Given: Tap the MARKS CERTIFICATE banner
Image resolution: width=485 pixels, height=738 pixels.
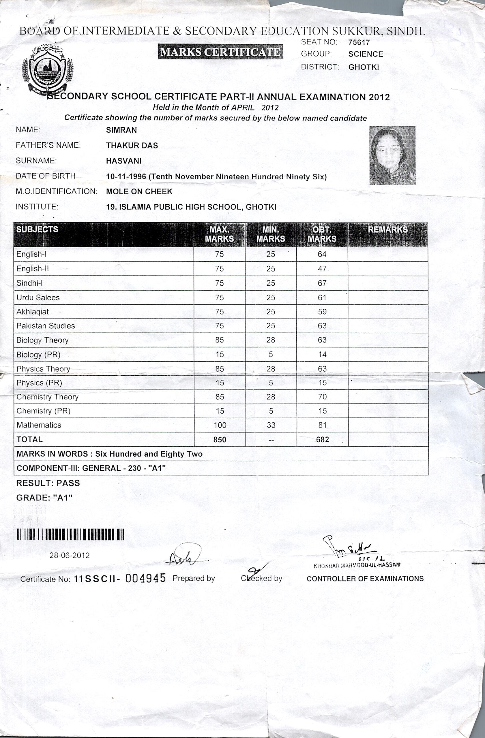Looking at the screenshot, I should click(x=220, y=52).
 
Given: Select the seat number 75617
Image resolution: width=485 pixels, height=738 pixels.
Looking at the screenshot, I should click(x=359, y=42).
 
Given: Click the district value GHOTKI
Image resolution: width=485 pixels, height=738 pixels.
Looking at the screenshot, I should click(x=363, y=67).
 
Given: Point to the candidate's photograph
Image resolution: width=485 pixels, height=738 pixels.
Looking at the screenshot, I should click(x=392, y=155).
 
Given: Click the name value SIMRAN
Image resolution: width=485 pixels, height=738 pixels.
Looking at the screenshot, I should click(x=121, y=130).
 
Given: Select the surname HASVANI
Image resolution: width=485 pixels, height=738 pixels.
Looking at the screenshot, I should click(x=123, y=161).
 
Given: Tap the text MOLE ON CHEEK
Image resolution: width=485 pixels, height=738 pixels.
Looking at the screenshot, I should click(x=139, y=192).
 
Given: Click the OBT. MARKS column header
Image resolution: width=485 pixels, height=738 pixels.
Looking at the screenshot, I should click(x=322, y=234).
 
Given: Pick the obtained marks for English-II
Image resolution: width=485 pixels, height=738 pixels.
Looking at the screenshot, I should click(x=322, y=269).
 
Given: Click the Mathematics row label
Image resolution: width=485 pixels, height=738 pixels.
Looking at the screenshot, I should click(x=39, y=425).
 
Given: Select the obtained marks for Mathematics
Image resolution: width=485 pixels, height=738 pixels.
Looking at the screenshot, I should click(x=322, y=425).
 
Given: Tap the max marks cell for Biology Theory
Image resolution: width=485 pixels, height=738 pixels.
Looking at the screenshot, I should click(x=219, y=340).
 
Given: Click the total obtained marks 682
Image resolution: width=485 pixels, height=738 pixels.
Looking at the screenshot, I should click(x=322, y=439).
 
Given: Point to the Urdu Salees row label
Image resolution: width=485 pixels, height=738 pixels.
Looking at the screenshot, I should click(x=38, y=298).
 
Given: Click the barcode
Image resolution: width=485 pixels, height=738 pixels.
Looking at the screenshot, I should click(x=70, y=534).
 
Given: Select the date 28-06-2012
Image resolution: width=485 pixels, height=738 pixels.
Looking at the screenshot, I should click(x=70, y=555).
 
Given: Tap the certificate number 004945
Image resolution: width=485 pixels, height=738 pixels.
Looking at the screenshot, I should click(x=145, y=578).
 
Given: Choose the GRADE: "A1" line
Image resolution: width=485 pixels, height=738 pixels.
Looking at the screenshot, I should click(x=44, y=498).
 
